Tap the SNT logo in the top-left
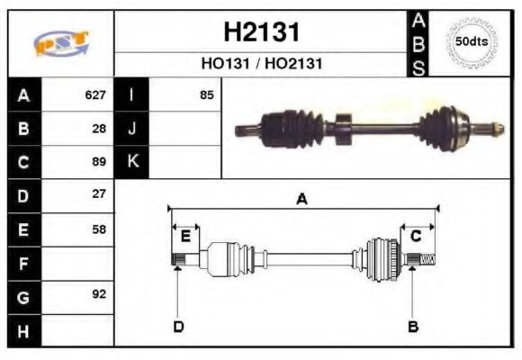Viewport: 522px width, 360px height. (x=61, y=43)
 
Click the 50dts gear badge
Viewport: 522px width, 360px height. (x=472, y=41)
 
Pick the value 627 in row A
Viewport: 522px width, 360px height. (x=96, y=94)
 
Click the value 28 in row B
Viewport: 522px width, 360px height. (x=100, y=128)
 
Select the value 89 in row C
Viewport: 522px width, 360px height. (x=100, y=162)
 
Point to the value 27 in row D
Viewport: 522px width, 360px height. (x=100, y=194)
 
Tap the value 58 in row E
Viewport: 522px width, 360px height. (x=100, y=229)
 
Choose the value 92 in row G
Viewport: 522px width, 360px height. (x=100, y=295)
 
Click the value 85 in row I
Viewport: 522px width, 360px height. (x=207, y=94)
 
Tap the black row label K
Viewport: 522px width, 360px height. (x=131, y=162)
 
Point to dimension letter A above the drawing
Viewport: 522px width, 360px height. (x=302, y=200)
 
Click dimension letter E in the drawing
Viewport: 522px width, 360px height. (x=185, y=237)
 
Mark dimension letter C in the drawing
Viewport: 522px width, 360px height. (x=416, y=237)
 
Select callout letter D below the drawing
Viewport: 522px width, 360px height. (x=178, y=326)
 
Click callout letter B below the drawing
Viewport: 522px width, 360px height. (x=413, y=326)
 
